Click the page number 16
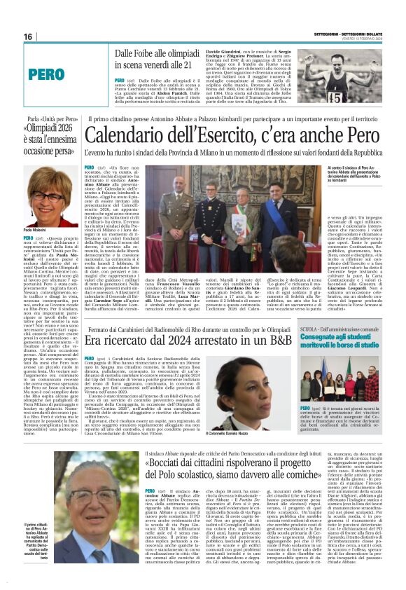click(x=28, y=36)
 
